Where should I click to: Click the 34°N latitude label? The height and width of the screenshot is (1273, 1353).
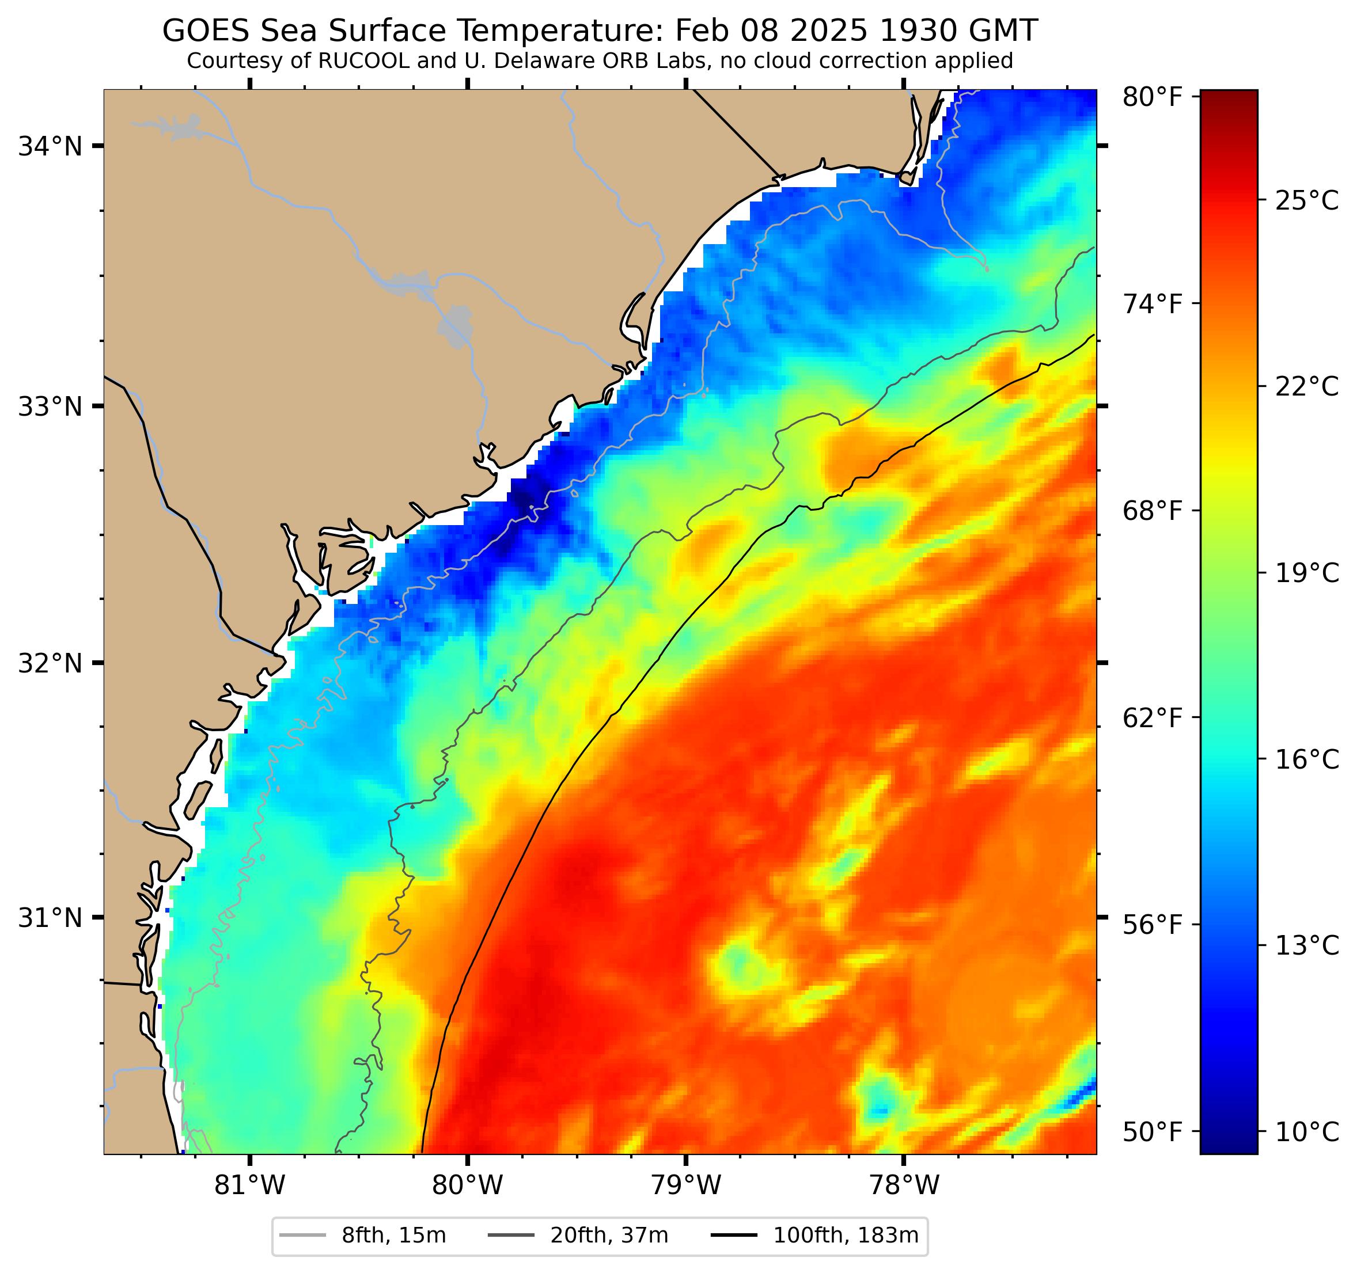(x=50, y=146)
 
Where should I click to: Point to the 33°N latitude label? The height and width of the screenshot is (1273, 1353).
(x=50, y=407)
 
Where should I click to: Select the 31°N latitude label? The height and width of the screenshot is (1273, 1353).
(x=50, y=918)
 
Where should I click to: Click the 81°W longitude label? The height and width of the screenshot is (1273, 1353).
(x=250, y=1186)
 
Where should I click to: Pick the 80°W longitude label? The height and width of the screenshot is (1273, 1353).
(x=468, y=1186)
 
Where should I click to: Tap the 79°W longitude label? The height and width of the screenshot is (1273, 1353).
(x=685, y=1186)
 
